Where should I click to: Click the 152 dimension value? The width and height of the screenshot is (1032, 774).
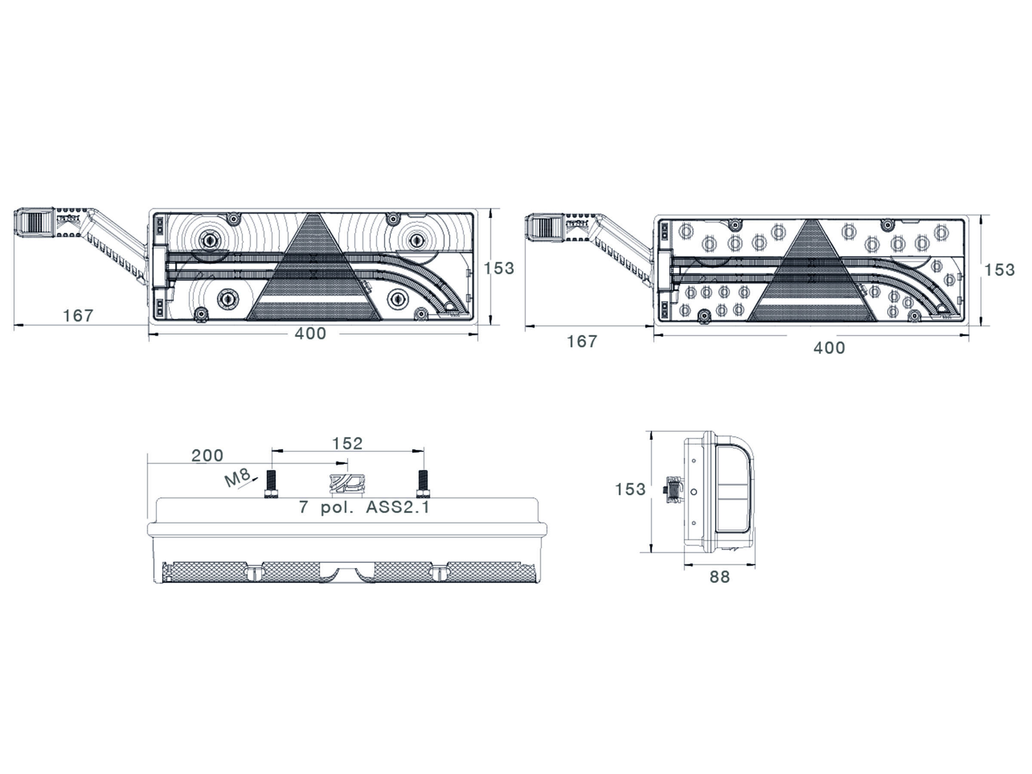pyautogui.click(x=347, y=444)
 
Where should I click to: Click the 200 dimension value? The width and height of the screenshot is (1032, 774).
pyautogui.click(x=208, y=456)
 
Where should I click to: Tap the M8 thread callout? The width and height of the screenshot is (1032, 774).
pyautogui.click(x=237, y=478)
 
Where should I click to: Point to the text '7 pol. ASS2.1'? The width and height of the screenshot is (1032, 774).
pyautogui.click(x=364, y=507)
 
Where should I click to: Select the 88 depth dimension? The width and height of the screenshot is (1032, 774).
pyautogui.click(x=719, y=577)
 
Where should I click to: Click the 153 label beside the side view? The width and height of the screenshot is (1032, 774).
pyautogui.click(x=630, y=489)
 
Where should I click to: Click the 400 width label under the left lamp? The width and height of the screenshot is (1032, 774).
pyautogui.click(x=310, y=334)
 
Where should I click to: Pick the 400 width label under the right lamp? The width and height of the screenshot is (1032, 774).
pyautogui.click(x=829, y=348)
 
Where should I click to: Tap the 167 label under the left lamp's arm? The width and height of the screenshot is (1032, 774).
pyautogui.click(x=78, y=316)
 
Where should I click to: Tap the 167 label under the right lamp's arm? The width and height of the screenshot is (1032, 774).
pyautogui.click(x=582, y=341)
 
